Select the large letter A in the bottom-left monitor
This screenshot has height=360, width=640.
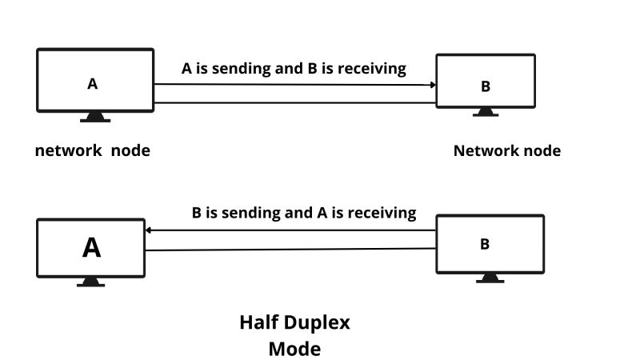coord(92,248)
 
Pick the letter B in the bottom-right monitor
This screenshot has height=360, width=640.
coord(485,245)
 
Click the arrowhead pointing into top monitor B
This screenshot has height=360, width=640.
coord(432,84)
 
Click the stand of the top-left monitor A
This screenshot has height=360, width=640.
coord(94,117)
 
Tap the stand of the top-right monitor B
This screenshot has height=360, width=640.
coord(485,112)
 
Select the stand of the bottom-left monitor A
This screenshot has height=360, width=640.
coord(90,282)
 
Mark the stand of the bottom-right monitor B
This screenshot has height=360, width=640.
coord(490,278)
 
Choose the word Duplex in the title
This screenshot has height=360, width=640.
coord(321,323)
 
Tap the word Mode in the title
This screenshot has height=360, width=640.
coord(294,349)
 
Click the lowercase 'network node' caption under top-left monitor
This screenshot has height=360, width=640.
coord(93,150)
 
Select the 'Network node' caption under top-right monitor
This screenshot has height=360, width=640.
coord(507,150)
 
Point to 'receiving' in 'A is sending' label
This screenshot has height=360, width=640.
coord(371,69)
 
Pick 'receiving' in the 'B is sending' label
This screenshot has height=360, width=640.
coord(382,213)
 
